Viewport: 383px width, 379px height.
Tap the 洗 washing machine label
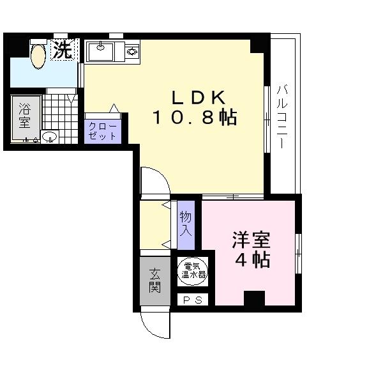(62, 50)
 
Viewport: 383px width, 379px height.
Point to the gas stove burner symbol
(131, 50)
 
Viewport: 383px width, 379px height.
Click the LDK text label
(197, 98)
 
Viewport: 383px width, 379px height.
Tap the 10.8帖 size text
(195, 118)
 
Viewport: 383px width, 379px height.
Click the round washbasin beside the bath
(49, 136)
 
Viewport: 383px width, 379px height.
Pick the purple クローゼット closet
(102, 130)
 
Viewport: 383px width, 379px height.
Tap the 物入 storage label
(186, 222)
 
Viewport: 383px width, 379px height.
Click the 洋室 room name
(251, 241)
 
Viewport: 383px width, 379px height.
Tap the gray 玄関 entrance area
(154, 279)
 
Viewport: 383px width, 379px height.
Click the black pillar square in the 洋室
(254, 298)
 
